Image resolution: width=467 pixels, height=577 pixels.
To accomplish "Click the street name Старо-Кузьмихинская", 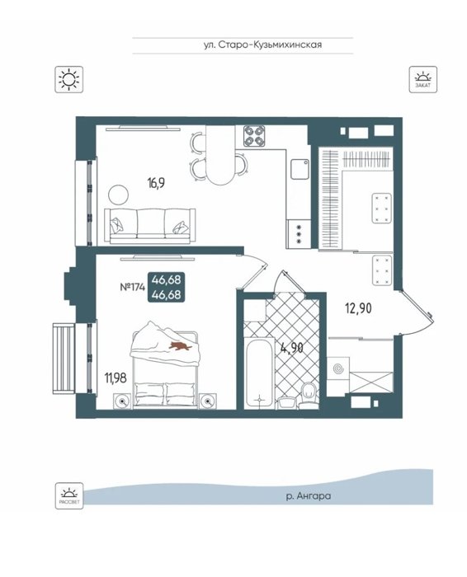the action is point(270,45).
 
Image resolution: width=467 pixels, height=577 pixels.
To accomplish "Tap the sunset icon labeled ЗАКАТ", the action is point(423,79).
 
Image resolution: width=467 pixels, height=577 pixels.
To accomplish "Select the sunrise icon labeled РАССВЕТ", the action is point(69,495).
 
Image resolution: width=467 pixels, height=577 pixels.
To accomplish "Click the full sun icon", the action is point(68,79).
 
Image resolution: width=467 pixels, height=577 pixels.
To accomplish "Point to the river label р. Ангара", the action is point(309,496).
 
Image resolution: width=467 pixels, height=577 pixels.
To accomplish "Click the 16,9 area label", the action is point(156,182).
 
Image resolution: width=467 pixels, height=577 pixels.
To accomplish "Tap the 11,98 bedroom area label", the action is point(116,378).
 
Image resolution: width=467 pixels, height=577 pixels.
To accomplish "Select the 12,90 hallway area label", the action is point(358,308).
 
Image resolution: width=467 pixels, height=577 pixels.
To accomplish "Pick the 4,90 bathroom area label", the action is point(292,348).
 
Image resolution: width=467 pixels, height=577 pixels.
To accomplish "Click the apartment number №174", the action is point(133,287).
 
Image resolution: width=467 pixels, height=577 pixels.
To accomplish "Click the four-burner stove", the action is point(254,136).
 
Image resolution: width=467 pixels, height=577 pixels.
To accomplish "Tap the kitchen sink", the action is point(300,169).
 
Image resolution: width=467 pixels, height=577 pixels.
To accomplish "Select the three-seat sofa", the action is point(150,226).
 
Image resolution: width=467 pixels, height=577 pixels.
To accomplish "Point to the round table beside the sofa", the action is point(118,194).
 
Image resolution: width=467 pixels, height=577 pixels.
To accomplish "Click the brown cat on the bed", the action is point(180,345).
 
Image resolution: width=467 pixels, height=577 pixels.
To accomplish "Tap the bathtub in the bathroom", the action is point(260,373).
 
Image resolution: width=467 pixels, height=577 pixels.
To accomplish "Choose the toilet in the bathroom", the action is point(309,396).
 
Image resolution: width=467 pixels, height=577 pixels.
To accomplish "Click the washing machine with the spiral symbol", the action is point(338,368).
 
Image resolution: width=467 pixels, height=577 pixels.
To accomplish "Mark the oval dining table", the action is point(220,155).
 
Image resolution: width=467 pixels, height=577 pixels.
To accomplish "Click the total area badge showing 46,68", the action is point(167,287).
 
